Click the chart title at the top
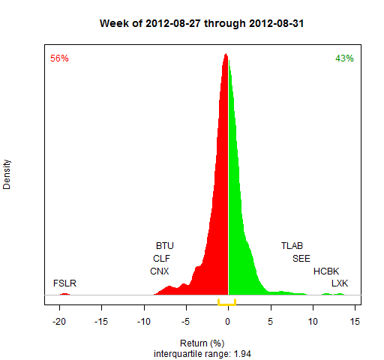(202, 24)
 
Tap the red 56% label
(59, 58)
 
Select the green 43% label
(344, 58)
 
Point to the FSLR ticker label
(64, 283)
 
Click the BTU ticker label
(165, 246)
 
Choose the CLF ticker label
(161, 259)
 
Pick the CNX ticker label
(160, 271)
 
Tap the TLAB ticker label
(292, 246)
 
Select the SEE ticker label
(301, 259)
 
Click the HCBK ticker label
(326, 271)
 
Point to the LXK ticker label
(340, 283)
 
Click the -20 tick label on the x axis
(59, 322)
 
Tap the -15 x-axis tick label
(101, 322)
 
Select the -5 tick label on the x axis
(185, 322)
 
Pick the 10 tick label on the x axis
(313, 322)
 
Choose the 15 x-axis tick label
(355, 322)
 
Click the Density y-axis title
(7, 175)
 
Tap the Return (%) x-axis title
(202, 343)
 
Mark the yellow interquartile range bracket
(226, 304)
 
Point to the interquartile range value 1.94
(242, 354)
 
